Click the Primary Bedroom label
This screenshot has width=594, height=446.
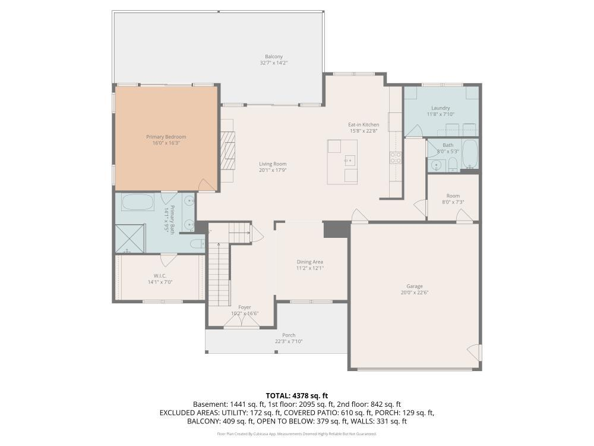(x=166, y=137)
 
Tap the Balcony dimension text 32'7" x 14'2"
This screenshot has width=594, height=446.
(x=273, y=63)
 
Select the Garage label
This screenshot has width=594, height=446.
(x=415, y=287)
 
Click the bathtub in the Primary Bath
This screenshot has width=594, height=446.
(x=138, y=203)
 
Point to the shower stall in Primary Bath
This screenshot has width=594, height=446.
(x=130, y=238)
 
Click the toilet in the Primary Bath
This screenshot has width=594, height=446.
(x=197, y=244)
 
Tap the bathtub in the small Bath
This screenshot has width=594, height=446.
(x=470, y=155)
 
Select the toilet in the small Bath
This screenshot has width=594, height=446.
(x=453, y=165)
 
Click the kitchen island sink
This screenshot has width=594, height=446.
(x=350, y=161)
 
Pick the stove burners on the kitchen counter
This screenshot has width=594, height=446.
(x=396, y=158)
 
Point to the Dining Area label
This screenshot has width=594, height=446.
(x=310, y=262)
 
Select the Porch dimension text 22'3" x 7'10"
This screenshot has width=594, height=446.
(x=289, y=341)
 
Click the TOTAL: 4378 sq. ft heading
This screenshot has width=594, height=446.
(x=296, y=396)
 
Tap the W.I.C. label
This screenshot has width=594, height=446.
(x=160, y=276)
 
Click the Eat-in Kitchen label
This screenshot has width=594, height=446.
(x=364, y=124)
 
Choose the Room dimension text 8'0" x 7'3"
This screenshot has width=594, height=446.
(x=453, y=202)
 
